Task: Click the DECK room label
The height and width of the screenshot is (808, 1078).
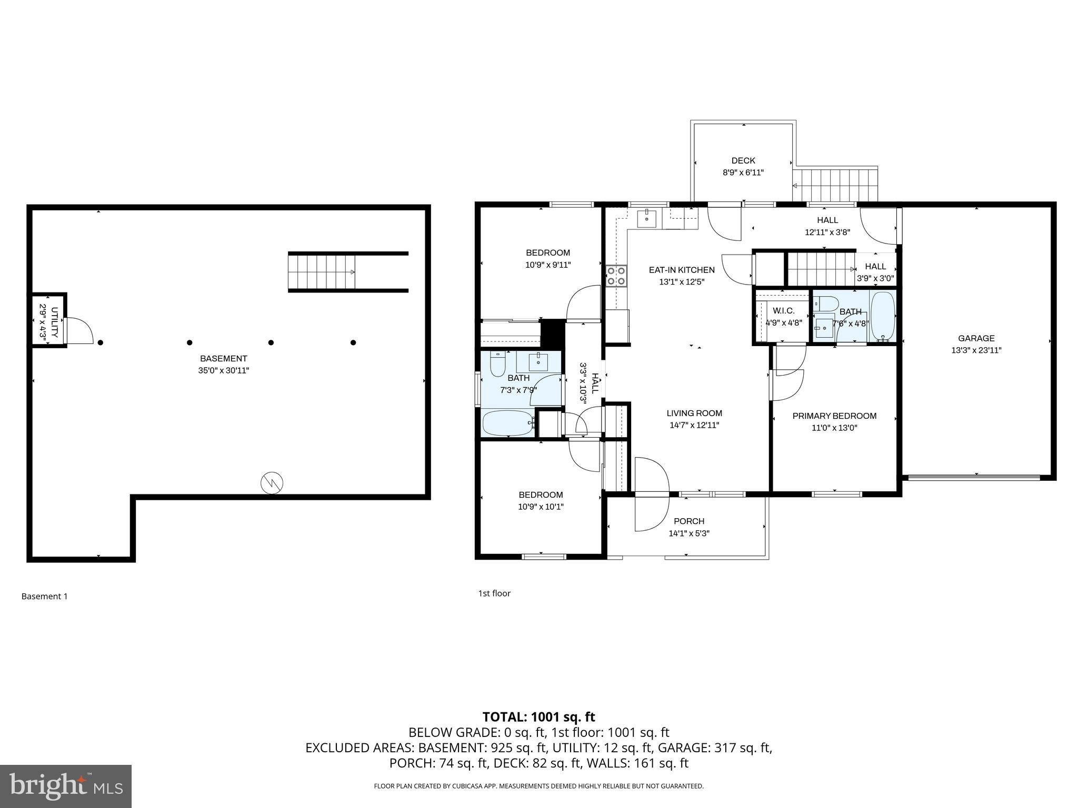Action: [x=743, y=160]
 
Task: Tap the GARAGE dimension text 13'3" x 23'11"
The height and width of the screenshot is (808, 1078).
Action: [x=976, y=350]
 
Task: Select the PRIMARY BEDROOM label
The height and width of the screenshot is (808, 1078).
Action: [x=834, y=416]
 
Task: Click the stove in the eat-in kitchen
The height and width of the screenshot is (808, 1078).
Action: [x=616, y=276]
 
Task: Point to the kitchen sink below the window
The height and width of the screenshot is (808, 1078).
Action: [x=646, y=218]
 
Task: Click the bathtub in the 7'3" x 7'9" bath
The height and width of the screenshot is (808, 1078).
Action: [x=508, y=423]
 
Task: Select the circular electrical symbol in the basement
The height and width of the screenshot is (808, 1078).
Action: [x=272, y=482]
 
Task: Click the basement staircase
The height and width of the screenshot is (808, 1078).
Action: [x=322, y=271]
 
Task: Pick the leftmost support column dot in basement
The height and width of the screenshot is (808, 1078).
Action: [x=101, y=342]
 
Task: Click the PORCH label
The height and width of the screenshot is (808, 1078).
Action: [x=688, y=521]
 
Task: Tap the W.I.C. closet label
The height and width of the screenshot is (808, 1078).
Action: [x=783, y=311]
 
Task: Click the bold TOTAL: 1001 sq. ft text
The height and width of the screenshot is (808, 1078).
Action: [x=538, y=717]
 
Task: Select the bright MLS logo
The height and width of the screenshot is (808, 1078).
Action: [x=66, y=786]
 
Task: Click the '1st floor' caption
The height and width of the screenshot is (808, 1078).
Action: [x=494, y=593]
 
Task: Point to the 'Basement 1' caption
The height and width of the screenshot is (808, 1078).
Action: [x=44, y=596]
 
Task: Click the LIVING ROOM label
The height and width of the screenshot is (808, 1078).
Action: [x=694, y=413]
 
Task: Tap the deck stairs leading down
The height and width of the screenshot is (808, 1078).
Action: [x=835, y=185]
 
